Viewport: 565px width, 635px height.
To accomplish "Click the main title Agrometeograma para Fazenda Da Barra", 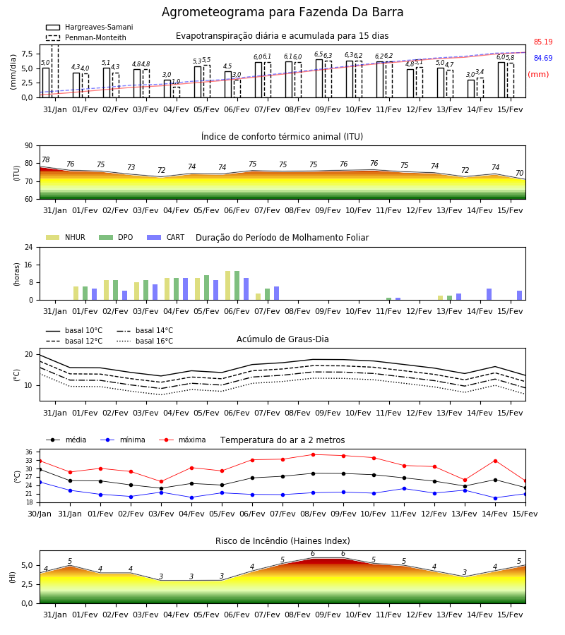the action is click(282, 12).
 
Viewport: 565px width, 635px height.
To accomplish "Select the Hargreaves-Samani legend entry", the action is click(89, 27).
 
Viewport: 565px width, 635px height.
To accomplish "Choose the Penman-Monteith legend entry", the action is click(86, 37).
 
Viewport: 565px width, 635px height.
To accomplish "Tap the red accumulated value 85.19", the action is click(543, 42).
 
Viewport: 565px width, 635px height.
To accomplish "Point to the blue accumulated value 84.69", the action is click(543, 58).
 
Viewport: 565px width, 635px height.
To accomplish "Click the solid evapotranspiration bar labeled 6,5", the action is click(319, 78).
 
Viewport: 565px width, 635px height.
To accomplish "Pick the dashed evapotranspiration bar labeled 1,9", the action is click(177, 92).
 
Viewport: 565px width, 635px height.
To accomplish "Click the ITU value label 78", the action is click(46, 159).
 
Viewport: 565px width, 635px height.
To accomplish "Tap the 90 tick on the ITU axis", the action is click(29, 145).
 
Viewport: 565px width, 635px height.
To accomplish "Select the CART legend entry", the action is click(166, 237).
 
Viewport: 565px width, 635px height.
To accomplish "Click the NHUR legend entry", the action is click(66, 237).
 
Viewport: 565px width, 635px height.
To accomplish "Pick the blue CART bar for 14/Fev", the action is click(489, 294).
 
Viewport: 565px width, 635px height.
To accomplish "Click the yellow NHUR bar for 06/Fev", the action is click(228, 286).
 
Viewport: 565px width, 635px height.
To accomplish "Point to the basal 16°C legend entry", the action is click(145, 341).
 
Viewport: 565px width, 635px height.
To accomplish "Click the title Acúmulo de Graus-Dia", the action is click(282, 339).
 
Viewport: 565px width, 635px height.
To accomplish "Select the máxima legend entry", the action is click(183, 440).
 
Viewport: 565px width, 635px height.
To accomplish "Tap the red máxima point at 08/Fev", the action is click(314, 455).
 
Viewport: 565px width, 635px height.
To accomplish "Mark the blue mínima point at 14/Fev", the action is click(495, 498).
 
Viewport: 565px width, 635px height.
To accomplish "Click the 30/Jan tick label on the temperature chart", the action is click(40, 514).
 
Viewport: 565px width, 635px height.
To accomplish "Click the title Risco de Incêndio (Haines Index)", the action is click(282, 541).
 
